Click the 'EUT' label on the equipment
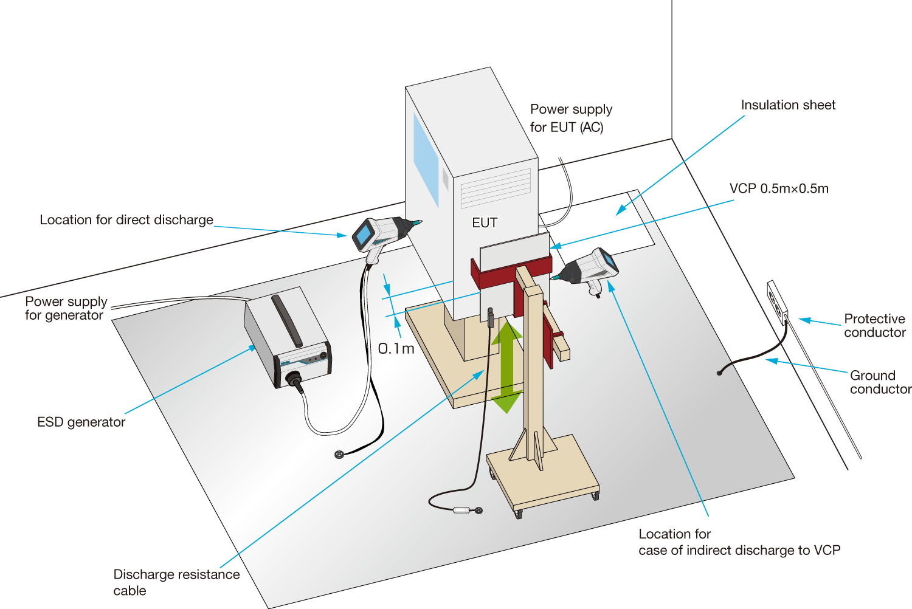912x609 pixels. point(485,223)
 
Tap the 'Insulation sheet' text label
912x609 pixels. point(788,105)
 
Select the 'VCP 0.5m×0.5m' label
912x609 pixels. point(779,188)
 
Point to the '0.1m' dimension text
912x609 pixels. point(396,349)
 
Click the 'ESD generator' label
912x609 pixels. point(81,422)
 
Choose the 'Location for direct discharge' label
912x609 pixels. point(126,220)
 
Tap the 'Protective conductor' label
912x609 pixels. point(874,326)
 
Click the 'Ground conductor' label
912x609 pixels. point(880,382)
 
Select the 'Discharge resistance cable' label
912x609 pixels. point(176,582)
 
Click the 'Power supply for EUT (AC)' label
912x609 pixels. point(570,118)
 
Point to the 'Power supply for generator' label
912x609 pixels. point(66,308)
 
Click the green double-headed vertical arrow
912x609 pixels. point(507,366)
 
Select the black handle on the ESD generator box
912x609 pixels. point(286,320)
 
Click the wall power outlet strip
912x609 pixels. point(778,303)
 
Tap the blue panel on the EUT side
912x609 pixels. point(426,158)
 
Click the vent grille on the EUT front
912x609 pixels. point(496,188)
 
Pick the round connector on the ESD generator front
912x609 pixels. point(294,379)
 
